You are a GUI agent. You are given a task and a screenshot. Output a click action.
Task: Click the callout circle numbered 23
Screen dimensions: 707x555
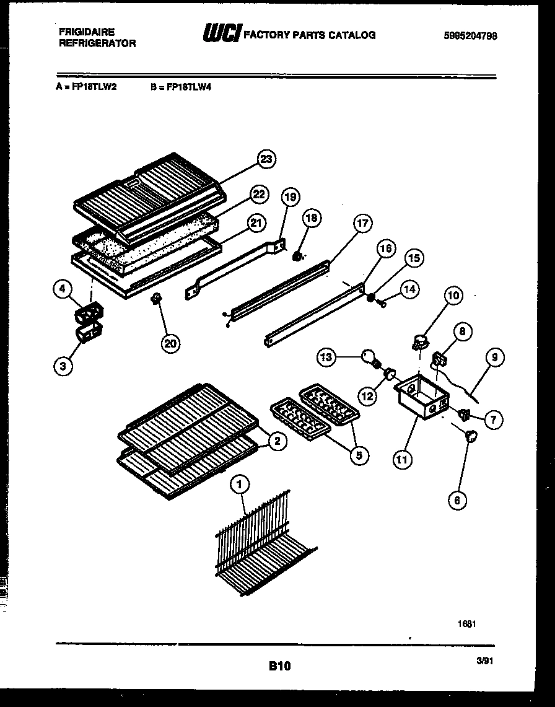[266, 160]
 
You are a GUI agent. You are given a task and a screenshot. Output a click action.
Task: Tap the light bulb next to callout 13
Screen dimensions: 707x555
[369, 358]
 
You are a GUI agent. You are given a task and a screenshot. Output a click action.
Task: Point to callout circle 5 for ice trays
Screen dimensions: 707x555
[358, 455]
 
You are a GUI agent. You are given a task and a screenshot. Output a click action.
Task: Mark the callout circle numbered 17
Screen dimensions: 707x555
[363, 224]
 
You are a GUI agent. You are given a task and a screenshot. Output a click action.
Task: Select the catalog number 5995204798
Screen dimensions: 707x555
[470, 36]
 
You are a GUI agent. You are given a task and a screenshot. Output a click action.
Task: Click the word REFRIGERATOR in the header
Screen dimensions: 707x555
[97, 43]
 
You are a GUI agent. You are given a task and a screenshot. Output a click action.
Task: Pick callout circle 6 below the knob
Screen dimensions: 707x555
[457, 501]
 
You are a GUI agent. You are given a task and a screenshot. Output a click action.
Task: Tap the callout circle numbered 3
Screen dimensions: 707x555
[62, 366]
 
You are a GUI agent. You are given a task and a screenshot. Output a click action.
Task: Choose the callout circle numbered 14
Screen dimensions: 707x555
[410, 289]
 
